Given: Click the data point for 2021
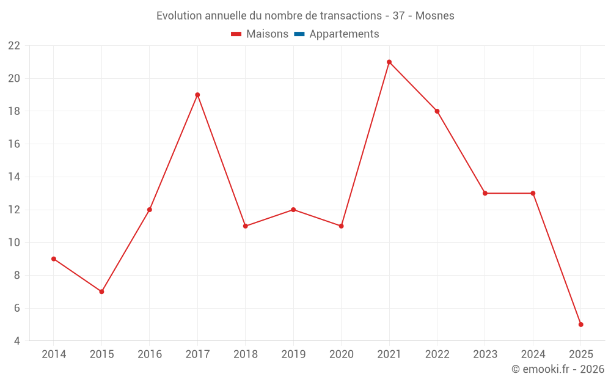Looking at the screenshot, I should click(389, 62).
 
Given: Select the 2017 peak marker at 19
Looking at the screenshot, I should click(197, 95).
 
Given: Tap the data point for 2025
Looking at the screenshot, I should click(580, 325).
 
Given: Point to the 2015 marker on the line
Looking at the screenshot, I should click(101, 292).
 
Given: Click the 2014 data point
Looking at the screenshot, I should click(54, 259).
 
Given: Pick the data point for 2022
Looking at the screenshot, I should click(437, 111).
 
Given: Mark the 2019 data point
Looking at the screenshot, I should click(293, 210).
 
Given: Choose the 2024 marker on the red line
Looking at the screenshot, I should click(533, 193).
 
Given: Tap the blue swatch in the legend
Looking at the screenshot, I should click(299, 34).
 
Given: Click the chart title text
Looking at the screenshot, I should click(305, 16).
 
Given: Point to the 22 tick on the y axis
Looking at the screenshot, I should click(13, 46).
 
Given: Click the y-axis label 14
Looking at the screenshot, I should click(13, 177).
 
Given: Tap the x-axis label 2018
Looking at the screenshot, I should click(245, 354).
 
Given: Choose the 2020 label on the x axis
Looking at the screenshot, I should click(341, 354).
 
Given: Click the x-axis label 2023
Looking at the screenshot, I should click(485, 354).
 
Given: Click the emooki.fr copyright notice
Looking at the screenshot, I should click(557, 369).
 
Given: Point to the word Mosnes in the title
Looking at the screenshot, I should click(434, 16).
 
